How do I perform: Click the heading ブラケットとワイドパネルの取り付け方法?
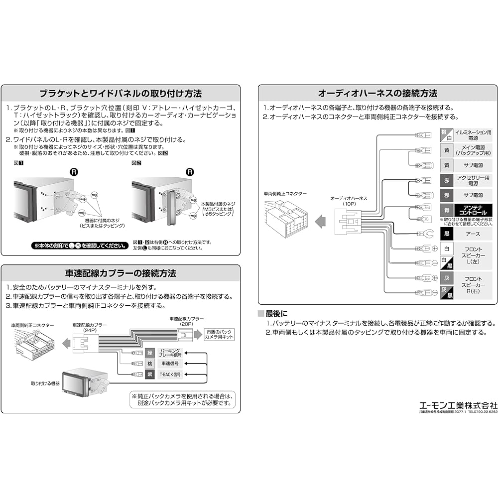point(121,94)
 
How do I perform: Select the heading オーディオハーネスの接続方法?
point(377,94)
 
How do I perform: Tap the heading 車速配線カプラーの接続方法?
point(121,273)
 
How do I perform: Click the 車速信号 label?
point(169,364)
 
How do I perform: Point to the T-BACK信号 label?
point(169,374)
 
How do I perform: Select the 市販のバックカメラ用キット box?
point(219,334)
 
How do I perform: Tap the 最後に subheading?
point(276,314)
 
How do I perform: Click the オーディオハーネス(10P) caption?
point(349,201)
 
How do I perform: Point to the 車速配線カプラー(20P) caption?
point(187,321)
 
